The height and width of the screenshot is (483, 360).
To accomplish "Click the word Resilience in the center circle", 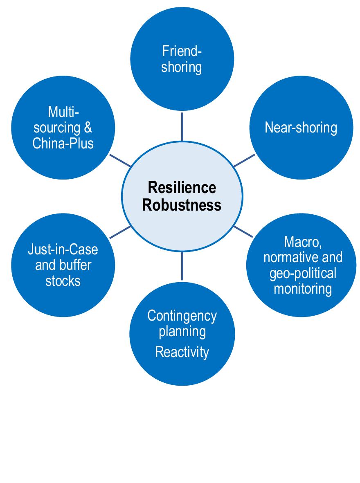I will click(x=182, y=188).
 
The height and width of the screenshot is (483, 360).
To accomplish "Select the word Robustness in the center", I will click(x=182, y=204).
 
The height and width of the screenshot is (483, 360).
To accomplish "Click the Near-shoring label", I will click(x=301, y=128).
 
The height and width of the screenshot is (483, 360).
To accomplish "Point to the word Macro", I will click(x=303, y=242).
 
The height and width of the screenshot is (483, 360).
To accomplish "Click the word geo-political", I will click(x=303, y=273).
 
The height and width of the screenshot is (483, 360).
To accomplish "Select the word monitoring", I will click(x=303, y=289).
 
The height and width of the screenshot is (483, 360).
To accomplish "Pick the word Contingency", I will click(x=182, y=316).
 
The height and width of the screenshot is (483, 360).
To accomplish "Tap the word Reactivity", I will click(x=182, y=352).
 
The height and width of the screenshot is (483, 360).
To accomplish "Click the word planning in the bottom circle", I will click(x=182, y=331).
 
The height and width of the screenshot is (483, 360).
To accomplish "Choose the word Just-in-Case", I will click(x=63, y=249).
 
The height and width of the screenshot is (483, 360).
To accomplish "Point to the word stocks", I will click(x=63, y=281).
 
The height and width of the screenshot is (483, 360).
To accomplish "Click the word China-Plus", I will click(x=63, y=144).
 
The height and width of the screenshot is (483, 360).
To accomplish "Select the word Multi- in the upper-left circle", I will click(x=63, y=112).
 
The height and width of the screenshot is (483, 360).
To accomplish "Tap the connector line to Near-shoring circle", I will click(x=244, y=160).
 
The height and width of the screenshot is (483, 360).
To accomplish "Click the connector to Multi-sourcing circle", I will click(x=120, y=160).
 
